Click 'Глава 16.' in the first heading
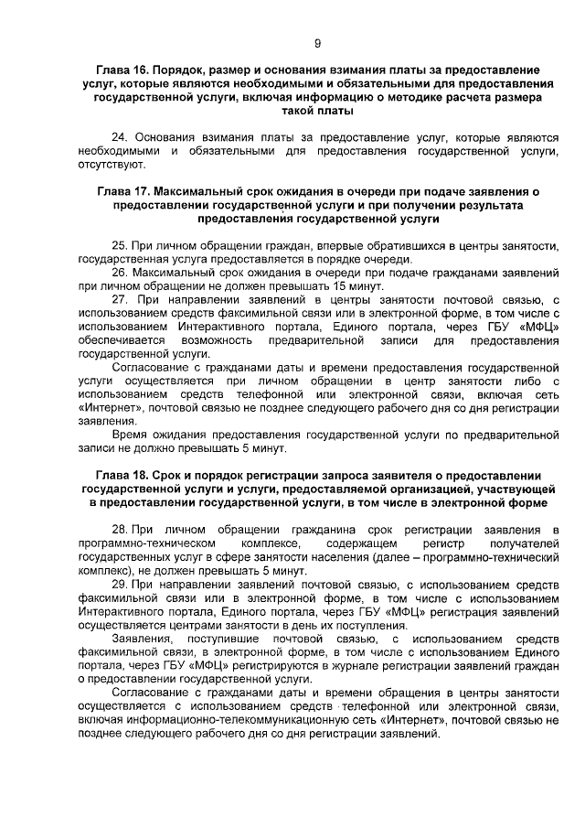point(123,70)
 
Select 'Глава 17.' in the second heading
point(123,193)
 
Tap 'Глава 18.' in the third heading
point(123,477)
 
